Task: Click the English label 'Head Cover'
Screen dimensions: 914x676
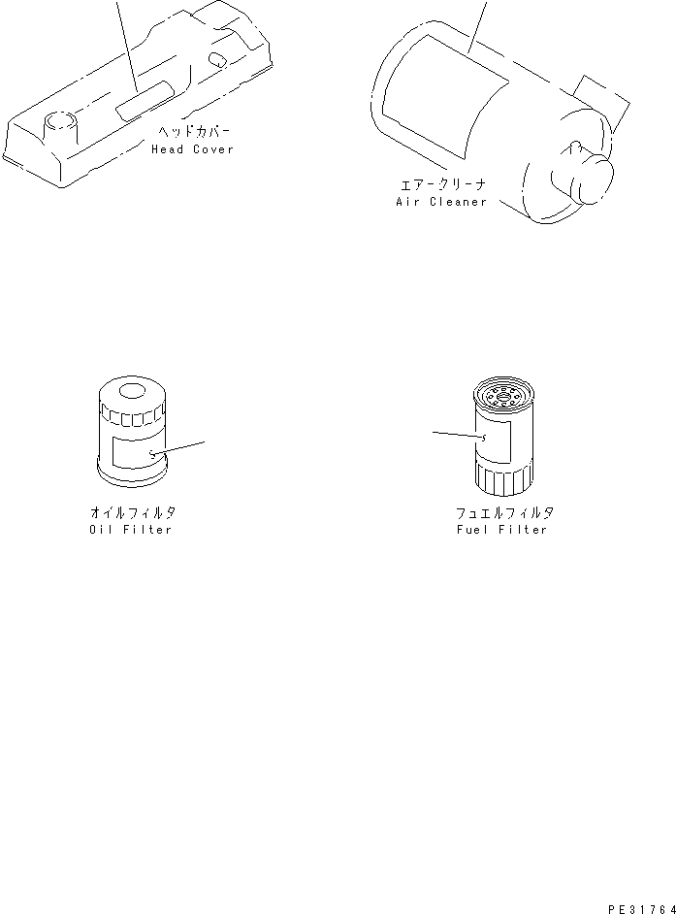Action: click(x=192, y=149)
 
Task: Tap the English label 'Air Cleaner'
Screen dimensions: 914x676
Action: click(x=440, y=202)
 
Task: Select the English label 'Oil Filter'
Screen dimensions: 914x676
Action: click(x=131, y=530)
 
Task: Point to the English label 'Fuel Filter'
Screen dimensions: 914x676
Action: click(x=501, y=530)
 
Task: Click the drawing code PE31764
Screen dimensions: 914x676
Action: click(x=640, y=908)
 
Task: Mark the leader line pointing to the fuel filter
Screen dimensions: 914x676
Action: click(x=458, y=435)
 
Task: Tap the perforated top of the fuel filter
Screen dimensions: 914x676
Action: click(x=501, y=394)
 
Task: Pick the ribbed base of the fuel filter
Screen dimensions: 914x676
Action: click(x=502, y=477)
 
